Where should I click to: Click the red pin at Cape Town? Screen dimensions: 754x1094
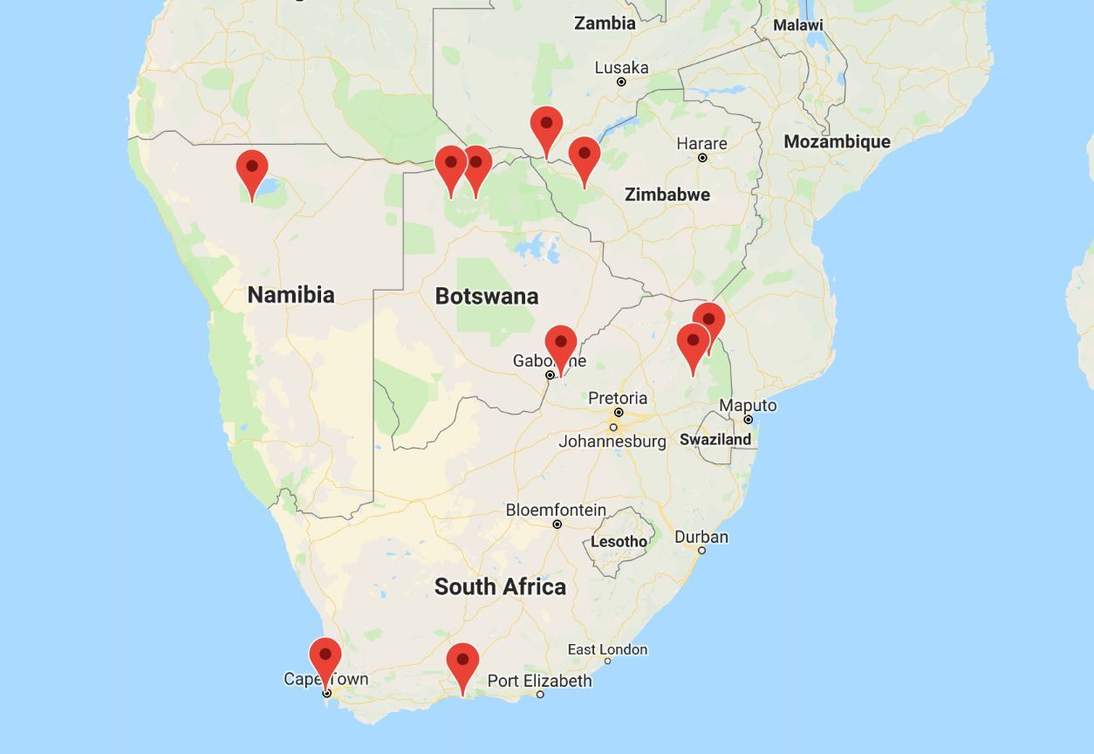(325, 659)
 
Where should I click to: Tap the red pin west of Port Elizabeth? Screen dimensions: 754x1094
(462, 664)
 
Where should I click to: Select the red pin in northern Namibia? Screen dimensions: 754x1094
(252, 170)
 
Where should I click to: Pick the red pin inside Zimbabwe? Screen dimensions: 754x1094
(585, 158)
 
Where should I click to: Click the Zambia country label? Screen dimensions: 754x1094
(605, 24)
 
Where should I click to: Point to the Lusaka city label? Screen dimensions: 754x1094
(621, 68)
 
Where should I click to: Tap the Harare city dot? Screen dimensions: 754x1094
(702, 158)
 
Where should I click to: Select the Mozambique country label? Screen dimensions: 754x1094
(837, 141)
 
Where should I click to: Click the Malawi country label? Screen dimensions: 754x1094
(797, 25)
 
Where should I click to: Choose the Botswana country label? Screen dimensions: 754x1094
(487, 296)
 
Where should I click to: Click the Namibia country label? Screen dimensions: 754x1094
(291, 294)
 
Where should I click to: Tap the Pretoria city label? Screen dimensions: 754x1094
(618, 399)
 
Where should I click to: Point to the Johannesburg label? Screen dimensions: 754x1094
(612, 441)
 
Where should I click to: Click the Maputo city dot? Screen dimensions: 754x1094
(748, 420)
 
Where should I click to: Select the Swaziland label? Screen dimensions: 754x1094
(715, 439)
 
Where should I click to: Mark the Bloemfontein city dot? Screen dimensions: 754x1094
(557, 524)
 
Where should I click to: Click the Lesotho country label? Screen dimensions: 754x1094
(619, 541)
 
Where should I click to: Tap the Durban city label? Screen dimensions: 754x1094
(701, 537)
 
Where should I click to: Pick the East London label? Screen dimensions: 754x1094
(607, 649)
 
